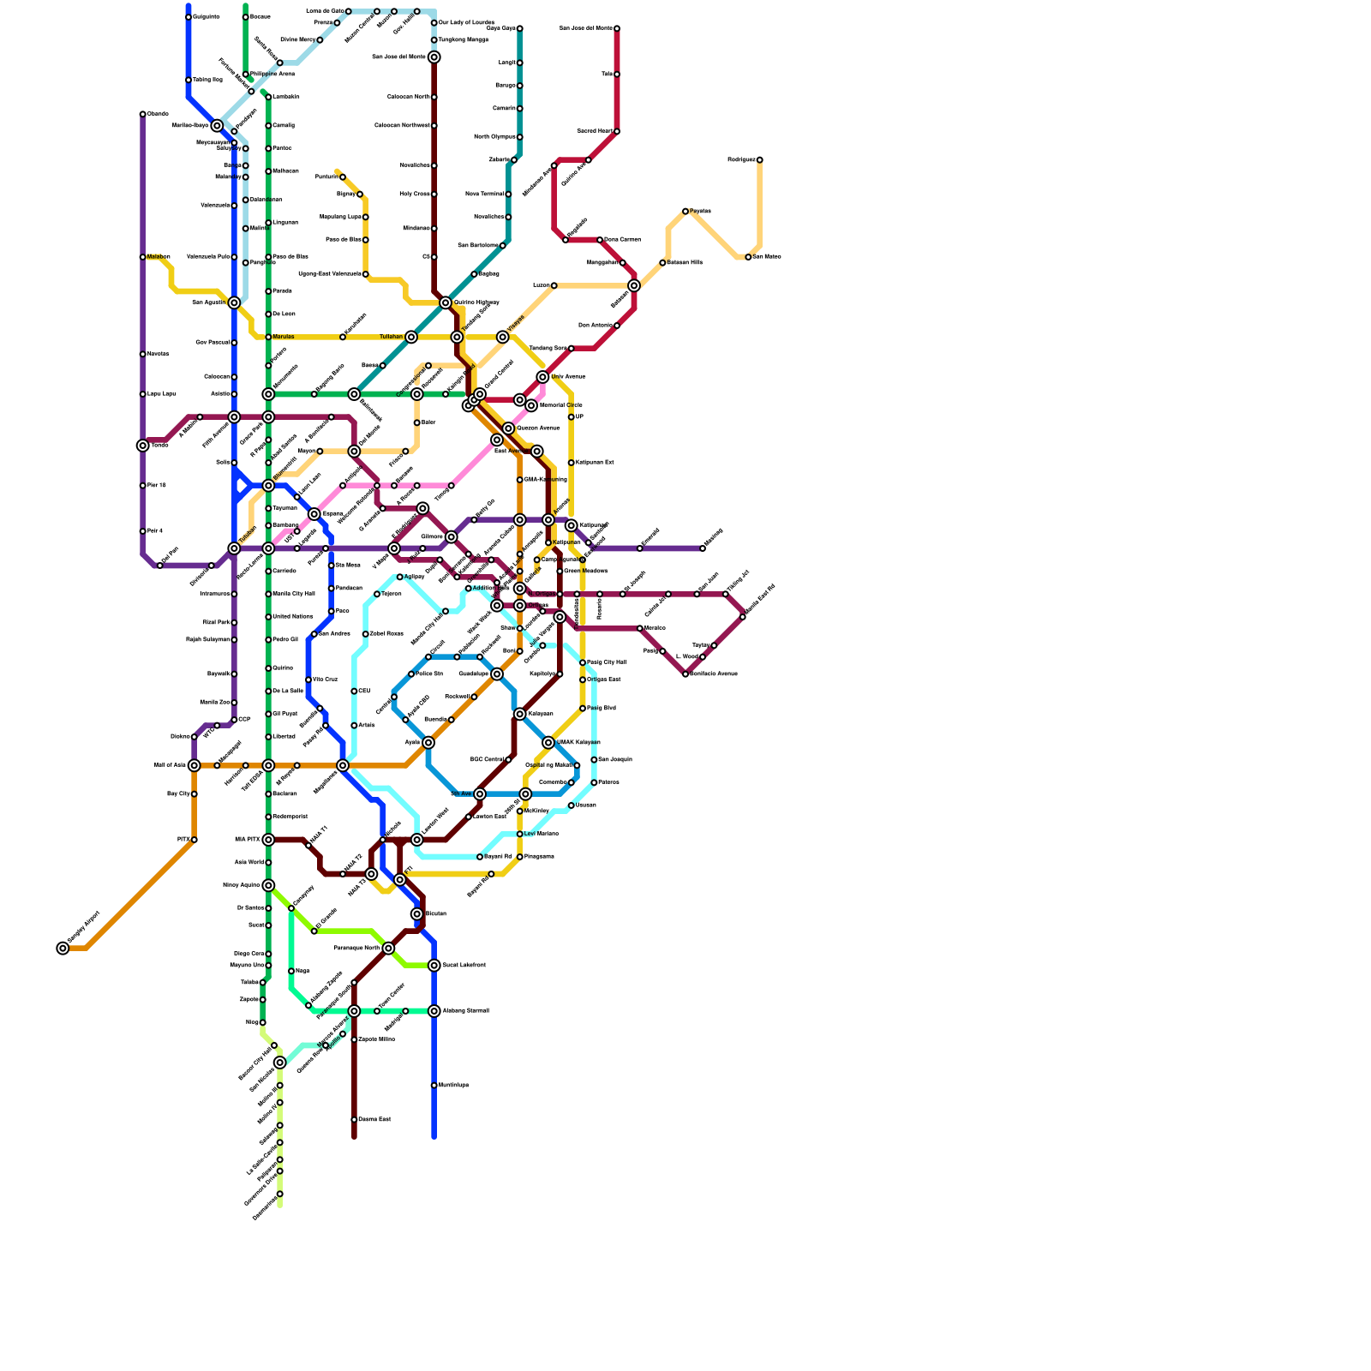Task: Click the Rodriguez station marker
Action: click(x=759, y=160)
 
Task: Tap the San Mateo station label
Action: click(x=767, y=257)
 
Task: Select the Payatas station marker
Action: click(x=685, y=211)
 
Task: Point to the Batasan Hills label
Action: click(x=685, y=262)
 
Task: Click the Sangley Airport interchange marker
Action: click(x=63, y=948)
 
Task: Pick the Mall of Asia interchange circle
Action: click(x=195, y=765)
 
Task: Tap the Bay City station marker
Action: click(x=195, y=793)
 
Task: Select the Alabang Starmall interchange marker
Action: click(x=434, y=1011)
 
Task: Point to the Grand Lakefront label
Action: click(x=464, y=966)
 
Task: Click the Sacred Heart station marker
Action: click(x=617, y=131)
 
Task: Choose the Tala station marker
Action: click(x=617, y=75)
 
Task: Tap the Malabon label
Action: click(x=159, y=257)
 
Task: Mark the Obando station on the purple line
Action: click(x=143, y=114)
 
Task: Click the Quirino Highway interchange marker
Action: click(x=446, y=302)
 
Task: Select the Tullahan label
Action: click(x=391, y=337)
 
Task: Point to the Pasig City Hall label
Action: click(x=607, y=662)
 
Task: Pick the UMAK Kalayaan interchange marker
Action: click(x=548, y=742)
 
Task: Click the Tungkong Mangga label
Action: click(x=464, y=40)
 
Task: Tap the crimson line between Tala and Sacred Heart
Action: click(x=617, y=103)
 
